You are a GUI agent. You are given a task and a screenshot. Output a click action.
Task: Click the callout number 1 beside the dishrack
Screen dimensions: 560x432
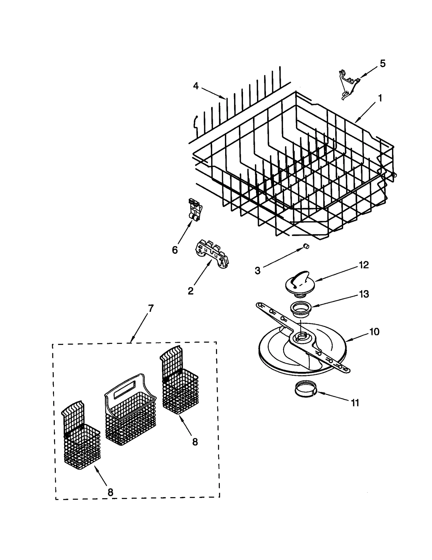[x=380, y=98]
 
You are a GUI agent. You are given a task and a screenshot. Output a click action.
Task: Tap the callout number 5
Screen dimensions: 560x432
[x=382, y=63]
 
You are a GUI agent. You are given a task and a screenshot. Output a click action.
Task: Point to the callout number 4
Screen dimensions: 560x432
[x=196, y=86]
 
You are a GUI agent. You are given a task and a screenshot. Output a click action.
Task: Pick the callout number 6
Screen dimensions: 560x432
[x=175, y=250]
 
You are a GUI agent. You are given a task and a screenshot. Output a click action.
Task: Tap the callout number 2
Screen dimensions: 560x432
[x=190, y=291]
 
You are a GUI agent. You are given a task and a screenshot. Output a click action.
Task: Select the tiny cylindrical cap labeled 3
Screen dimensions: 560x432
[x=306, y=246]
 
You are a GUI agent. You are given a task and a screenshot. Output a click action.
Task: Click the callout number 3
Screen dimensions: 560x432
[x=257, y=270]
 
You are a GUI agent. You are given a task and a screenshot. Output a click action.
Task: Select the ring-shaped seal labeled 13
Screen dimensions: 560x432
[x=301, y=308]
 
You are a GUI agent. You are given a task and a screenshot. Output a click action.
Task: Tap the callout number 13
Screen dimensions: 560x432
[x=364, y=294]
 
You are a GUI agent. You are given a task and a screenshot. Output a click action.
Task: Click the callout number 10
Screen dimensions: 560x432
[x=374, y=331]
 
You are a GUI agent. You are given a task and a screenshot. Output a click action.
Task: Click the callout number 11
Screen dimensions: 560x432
[x=355, y=403]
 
